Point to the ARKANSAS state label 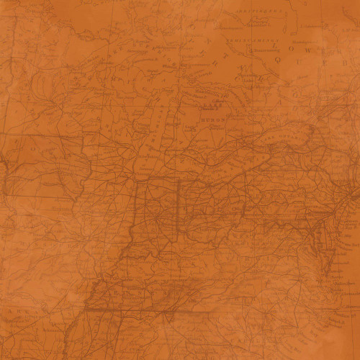(x=29, y=317)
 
